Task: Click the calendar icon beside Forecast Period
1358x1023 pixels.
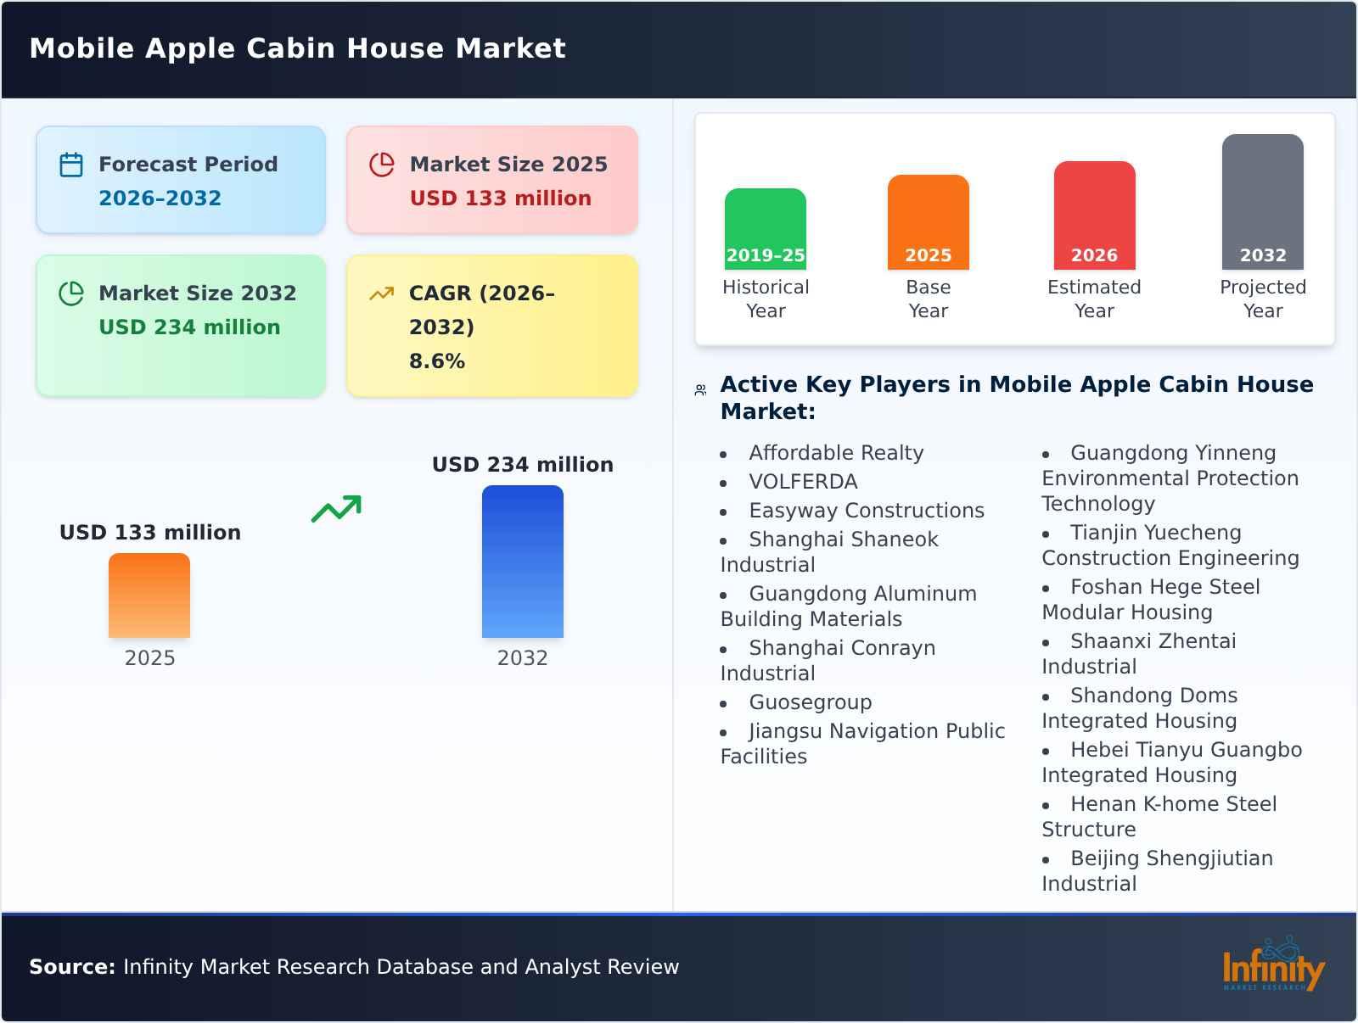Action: (x=71, y=165)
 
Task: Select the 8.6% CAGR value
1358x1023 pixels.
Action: (x=436, y=361)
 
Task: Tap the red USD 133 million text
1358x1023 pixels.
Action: (x=500, y=198)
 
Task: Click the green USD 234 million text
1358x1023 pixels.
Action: (x=189, y=327)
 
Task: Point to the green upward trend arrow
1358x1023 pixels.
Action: (x=336, y=509)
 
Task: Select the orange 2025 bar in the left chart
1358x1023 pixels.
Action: (x=149, y=595)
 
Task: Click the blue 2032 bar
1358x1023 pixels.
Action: (x=522, y=562)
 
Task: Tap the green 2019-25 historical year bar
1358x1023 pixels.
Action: (x=765, y=229)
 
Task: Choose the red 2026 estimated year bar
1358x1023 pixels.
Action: (x=1094, y=215)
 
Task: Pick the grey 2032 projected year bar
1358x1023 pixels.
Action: (x=1262, y=202)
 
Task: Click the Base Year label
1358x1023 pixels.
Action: (x=928, y=299)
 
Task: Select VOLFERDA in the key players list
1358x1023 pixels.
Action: (x=803, y=482)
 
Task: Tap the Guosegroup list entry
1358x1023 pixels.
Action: (x=810, y=702)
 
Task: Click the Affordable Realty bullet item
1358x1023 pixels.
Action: (x=835, y=453)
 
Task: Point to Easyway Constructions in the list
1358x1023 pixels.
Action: (x=866, y=511)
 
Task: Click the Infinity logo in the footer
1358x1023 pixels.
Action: (x=1273, y=967)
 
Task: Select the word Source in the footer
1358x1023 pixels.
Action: (x=71, y=967)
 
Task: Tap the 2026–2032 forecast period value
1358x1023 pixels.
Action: (x=160, y=198)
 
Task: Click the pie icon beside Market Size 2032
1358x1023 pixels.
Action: (x=71, y=293)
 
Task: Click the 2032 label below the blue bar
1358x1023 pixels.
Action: (x=522, y=658)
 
